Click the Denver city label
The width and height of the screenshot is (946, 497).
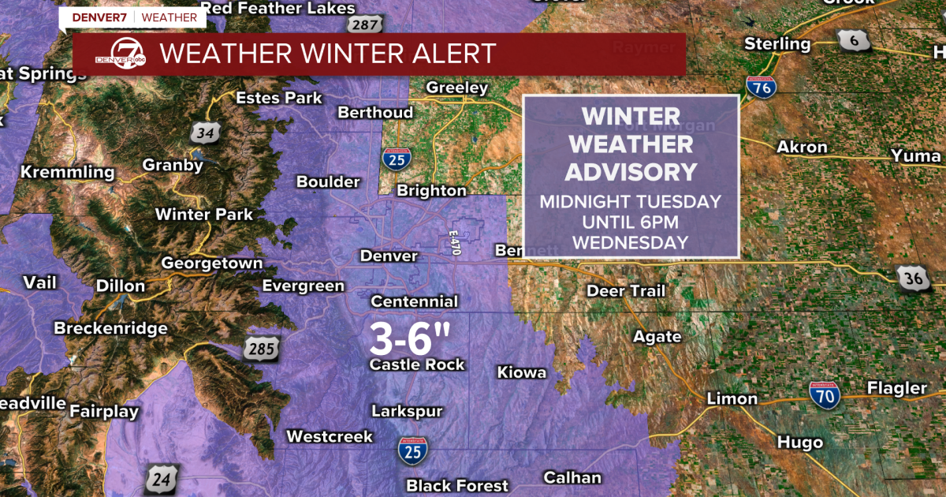(x=389, y=256)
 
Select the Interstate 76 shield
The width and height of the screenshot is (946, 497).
(x=762, y=88)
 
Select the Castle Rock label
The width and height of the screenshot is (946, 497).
(x=417, y=364)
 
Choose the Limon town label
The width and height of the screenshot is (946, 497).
(x=732, y=398)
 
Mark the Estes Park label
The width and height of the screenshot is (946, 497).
(x=279, y=98)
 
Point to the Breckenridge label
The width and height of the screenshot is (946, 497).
(x=110, y=328)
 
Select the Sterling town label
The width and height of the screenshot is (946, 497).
(x=777, y=43)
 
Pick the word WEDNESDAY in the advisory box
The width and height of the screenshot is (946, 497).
(x=631, y=242)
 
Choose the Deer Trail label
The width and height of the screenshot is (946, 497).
(x=626, y=291)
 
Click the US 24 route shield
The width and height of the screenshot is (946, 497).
(x=160, y=478)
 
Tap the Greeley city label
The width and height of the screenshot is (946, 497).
(x=457, y=88)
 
